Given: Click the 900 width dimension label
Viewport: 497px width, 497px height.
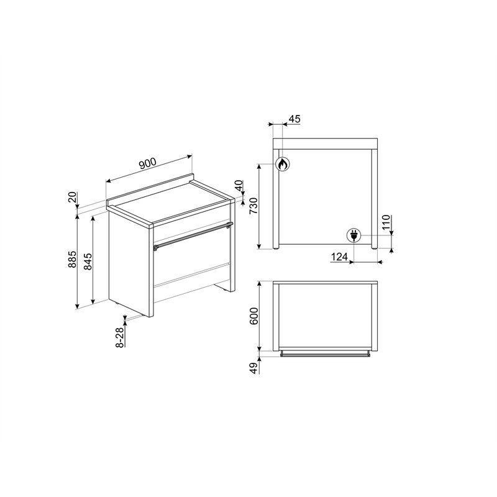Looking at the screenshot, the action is click(x=147, y=163).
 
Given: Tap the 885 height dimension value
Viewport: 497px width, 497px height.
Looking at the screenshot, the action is click(x=73, y=259).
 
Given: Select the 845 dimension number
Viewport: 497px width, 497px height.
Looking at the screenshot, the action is click(x=88, y=262).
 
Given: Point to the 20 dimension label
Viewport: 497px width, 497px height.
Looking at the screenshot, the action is click(x=73, y=197).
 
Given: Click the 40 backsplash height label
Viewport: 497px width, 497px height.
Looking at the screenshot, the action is click(x=239, y=185).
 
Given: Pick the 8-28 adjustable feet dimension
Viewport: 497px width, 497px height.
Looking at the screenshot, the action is click(x=120, y=337).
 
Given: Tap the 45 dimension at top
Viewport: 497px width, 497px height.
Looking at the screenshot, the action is click(x=294, y=119).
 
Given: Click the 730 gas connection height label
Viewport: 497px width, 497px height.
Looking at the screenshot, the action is click(x=253, y=206).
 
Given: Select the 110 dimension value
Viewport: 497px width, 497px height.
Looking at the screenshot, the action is click(x=386, y=222).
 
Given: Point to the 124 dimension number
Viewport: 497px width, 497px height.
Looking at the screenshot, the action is click(x=339, y=257).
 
